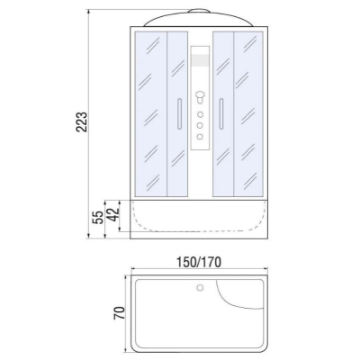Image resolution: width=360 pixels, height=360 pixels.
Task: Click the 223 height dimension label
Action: tap(81, 122)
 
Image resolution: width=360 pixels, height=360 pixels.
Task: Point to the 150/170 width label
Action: tap(199, 262)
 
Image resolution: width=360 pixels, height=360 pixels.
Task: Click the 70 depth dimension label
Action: tap(119, 313)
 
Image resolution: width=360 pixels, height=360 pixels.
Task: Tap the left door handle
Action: tap(179, 113)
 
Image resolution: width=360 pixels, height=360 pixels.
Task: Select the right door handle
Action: tap(221, 113)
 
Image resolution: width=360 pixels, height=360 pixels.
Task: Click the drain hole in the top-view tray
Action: tap(200, 288)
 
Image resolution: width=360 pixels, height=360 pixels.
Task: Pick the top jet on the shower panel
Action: tap(200, 114)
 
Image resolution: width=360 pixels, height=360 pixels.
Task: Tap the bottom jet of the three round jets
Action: tap(200, 137)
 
